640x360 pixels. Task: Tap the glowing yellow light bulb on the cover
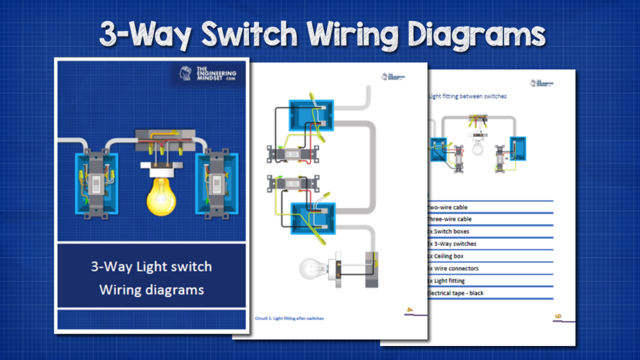161,194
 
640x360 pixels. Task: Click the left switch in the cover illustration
96,185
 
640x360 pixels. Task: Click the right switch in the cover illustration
217,185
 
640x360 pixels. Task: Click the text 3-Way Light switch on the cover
152,266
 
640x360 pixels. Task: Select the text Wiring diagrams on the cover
152,290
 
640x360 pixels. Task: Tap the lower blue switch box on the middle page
312,217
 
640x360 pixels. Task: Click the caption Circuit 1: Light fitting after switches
289,318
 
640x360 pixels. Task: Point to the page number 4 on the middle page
409,310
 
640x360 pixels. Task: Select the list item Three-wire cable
449,219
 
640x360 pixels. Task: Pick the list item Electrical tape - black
455,293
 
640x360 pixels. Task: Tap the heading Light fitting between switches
468,96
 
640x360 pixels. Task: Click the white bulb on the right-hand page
477,148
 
